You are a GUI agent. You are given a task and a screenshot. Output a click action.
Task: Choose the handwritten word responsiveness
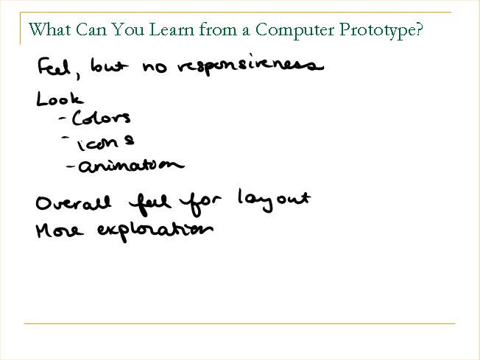(251, 65)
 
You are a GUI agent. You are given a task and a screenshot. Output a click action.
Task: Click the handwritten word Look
(60, 99)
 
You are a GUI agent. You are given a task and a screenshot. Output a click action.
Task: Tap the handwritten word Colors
(102, 118)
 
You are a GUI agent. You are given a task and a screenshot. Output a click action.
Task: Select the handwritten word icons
(105, 143)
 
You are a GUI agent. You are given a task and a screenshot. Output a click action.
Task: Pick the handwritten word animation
(132, 166)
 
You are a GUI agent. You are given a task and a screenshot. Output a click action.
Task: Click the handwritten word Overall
(73, 203)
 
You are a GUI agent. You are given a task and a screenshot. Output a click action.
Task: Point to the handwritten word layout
(275, 200)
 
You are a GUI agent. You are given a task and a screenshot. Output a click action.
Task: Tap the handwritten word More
(60, 231)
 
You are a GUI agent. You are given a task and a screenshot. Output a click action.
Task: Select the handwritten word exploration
(155, 231)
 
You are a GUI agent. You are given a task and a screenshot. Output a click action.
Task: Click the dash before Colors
(63, 119)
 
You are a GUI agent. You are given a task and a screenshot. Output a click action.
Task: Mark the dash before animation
(71, 166)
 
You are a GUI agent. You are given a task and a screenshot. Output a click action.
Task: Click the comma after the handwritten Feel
(78, 76)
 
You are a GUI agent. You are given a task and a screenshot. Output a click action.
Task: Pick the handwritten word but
(109, 66)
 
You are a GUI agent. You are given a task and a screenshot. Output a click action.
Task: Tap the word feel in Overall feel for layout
(149, 204)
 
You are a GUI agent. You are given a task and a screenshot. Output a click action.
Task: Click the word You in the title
(127, 29)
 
